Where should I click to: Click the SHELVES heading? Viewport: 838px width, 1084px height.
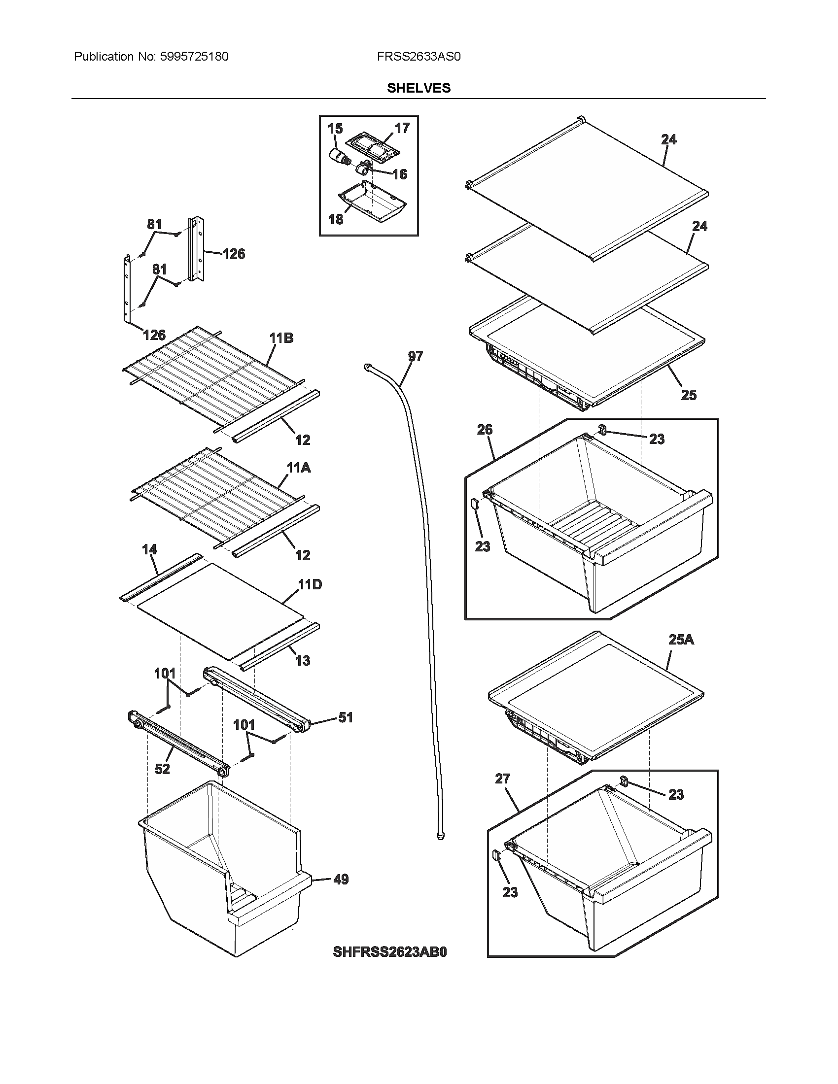coord(419,88)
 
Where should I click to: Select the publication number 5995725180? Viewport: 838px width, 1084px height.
coord(194,57)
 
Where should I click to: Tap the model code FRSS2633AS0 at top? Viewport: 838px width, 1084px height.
coord(419,57)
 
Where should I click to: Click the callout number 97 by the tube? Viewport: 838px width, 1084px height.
coord(415,356)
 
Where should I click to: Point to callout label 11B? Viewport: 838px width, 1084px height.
coord(281,338)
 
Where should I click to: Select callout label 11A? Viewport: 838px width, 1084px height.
coord(298,468)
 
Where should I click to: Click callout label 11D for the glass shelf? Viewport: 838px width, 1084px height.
coord(310,584)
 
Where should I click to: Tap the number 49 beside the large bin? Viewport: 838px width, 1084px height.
coord(341,880)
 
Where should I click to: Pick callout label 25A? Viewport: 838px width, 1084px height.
coord(681,639)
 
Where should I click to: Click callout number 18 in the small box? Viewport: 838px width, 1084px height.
coord(336,219)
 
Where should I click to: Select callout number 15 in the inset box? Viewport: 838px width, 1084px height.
coord(335,129)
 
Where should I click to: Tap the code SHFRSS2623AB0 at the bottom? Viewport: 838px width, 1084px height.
coord(390,952)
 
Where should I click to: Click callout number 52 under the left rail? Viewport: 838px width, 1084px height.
coord(162,769)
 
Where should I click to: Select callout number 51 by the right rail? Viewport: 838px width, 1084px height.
coord(346,717)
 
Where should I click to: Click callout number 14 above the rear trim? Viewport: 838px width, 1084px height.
coord(149,549)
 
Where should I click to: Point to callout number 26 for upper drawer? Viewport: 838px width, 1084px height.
coord(485,429)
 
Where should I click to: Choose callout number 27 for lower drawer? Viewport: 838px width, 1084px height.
coord(502,778)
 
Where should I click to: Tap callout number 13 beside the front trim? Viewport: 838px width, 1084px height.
coord(302,661)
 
